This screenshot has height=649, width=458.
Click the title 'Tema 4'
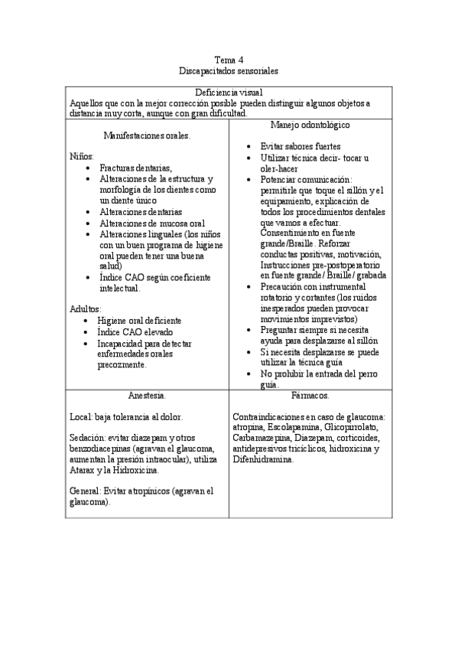229,59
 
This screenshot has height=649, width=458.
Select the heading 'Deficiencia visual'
229,91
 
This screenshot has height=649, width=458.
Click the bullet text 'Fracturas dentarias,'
136,168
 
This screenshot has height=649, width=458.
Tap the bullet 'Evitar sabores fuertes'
300,146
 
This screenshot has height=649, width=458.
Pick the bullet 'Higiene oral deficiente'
138,321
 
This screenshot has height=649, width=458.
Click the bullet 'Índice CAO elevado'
135,332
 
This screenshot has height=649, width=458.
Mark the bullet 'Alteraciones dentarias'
141,211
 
